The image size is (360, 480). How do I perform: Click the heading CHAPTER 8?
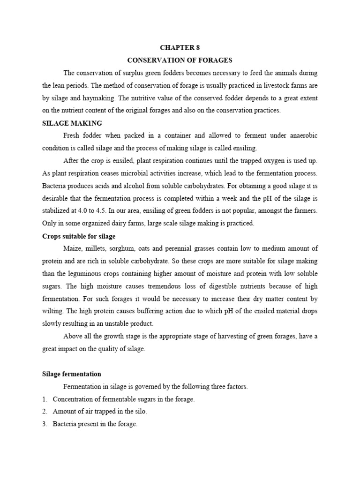[180, 48]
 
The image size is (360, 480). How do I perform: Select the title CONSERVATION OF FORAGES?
[180, 60]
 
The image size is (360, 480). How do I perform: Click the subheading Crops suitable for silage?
[79, 236]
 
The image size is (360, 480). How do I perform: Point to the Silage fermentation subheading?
[72, 374]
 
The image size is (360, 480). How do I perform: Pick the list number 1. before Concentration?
[45, 399]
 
